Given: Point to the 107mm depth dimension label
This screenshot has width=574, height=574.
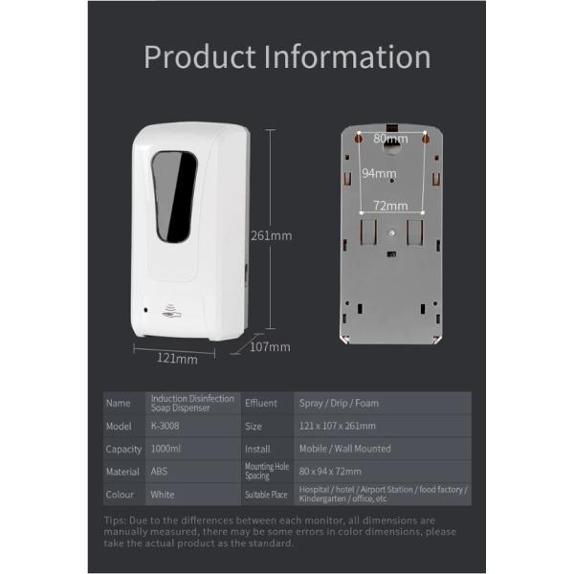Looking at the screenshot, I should pos(270,347).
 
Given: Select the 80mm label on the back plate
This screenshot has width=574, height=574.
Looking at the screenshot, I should pos(389,139).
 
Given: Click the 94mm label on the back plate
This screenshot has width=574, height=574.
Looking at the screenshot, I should pos(378,173).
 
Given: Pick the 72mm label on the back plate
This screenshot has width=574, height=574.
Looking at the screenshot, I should pos(389,205).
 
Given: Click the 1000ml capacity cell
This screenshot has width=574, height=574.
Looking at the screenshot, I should pos(167,449).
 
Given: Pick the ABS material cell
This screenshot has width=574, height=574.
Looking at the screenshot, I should pos(159,472).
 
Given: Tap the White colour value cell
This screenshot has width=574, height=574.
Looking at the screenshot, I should pos(162,495).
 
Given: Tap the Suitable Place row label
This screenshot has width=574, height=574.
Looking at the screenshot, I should pos(266,495).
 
